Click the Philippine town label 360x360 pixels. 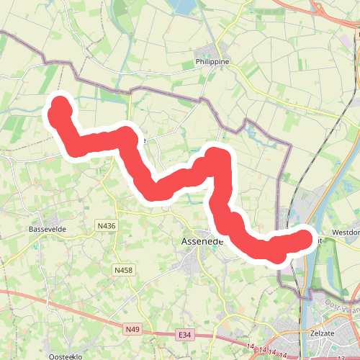pos(212,63)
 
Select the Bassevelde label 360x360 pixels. pos(48,229)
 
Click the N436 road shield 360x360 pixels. pos(106,225)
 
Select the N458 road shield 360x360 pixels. pos(123,270)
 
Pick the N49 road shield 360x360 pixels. pos(132,330)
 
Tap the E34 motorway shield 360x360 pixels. pos(186,335)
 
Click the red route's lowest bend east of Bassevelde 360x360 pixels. pos(154,191)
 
